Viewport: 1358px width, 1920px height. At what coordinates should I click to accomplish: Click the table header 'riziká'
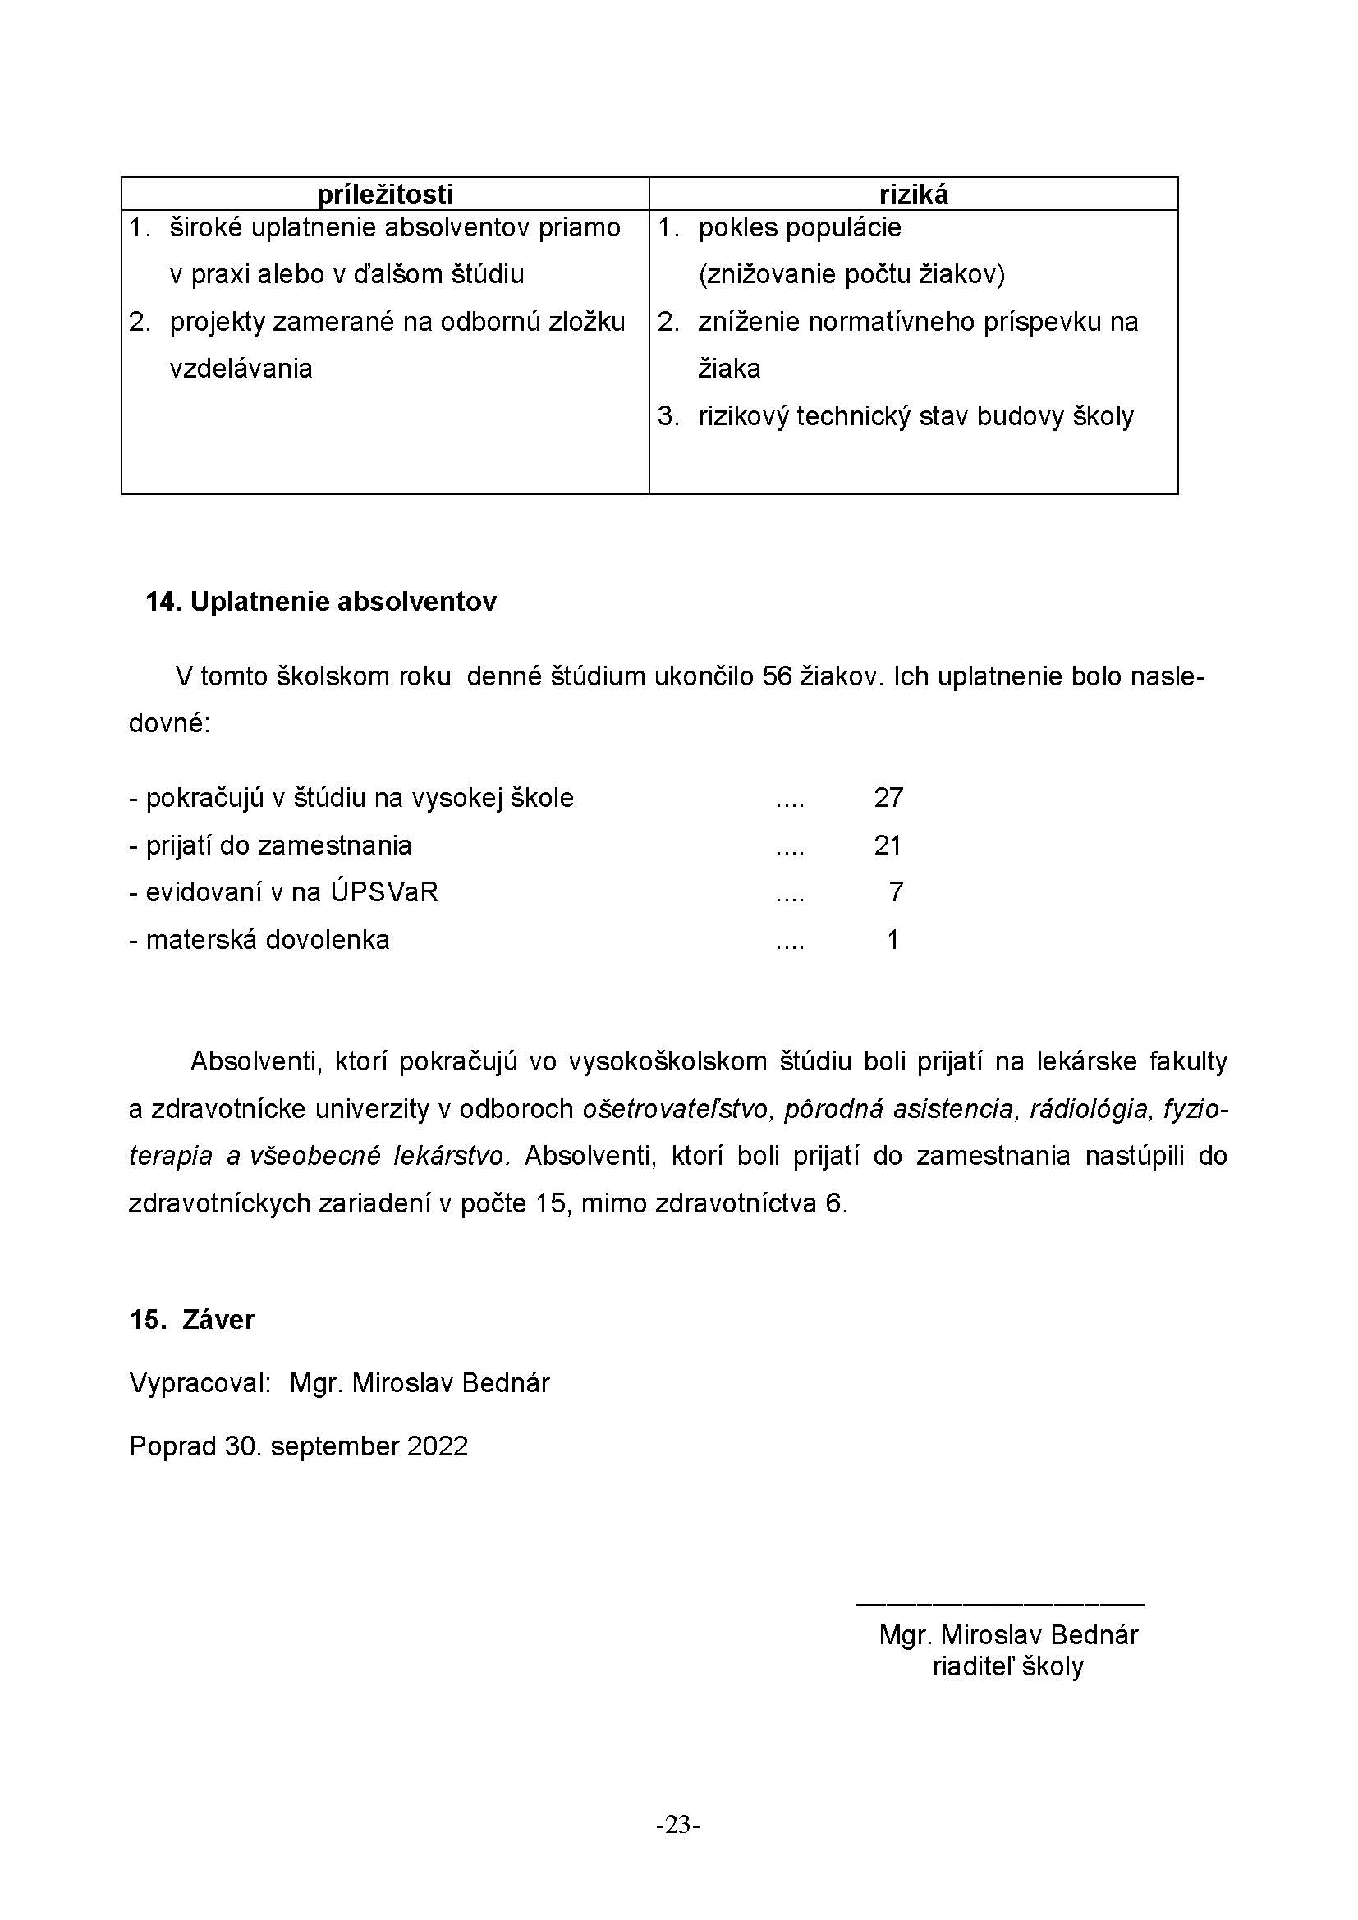point(913,194)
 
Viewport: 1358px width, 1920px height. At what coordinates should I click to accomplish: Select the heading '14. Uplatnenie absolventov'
point(321,601)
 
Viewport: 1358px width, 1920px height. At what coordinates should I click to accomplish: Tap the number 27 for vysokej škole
point(888,798)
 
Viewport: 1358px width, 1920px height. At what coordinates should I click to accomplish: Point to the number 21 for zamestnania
point(888,845)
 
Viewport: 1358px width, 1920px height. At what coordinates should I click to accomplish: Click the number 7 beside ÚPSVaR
point(896,892)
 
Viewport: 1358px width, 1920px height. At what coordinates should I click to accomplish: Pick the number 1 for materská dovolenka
point(893,940)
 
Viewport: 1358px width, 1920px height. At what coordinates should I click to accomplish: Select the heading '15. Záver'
point(192,1320)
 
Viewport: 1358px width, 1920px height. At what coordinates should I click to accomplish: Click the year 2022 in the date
point(438,1446)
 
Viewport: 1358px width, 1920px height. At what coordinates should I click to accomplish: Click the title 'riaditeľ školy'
point(1007,1666)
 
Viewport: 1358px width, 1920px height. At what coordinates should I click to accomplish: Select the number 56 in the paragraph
point(777,676)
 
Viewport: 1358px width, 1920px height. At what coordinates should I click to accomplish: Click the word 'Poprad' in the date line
point(172,1446)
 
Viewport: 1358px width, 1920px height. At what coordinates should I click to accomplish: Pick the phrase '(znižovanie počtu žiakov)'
point(851,274)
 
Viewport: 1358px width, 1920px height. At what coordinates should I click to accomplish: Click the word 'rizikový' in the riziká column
point(743,416)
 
